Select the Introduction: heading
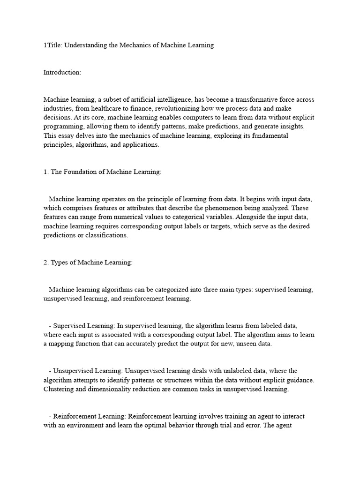(62, 72)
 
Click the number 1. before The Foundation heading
(46, 172)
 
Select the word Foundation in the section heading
(79, 172)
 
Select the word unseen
(244, 344)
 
